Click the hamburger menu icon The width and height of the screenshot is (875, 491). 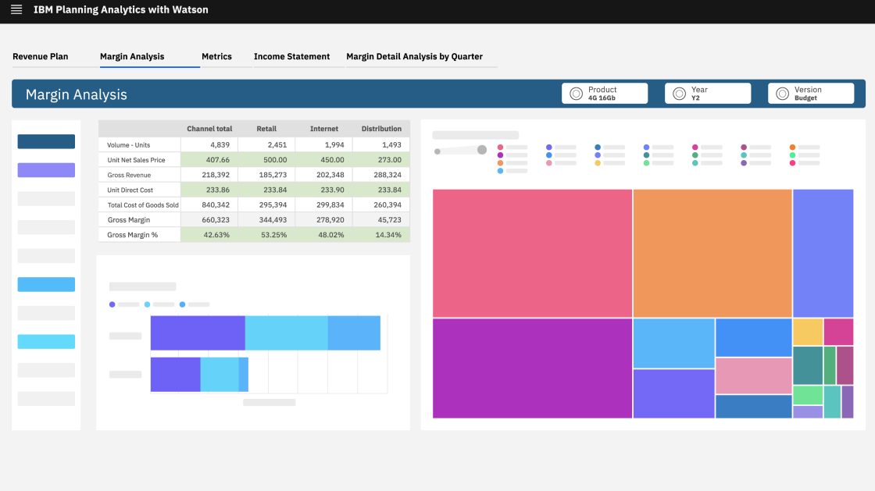tap(16, 10)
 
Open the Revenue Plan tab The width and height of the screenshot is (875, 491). tap(41, 56)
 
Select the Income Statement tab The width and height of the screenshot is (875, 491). tap(291, 56)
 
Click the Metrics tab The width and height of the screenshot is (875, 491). tap(216, 56)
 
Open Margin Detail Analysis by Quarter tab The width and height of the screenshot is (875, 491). tap(414, 56)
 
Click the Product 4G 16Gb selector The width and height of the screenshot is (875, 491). tap(605, 94)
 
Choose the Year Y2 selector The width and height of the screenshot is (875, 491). tap(708, 94)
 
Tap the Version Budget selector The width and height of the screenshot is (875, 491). tap(811, 94)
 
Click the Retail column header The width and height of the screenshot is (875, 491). tap(266, 129)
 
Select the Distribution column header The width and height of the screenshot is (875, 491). tap(381, 129)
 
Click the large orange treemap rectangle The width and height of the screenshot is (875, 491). tap(712, 253)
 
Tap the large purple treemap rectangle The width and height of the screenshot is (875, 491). tap(532, 368)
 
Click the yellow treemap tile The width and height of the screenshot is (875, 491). tap(807, 332)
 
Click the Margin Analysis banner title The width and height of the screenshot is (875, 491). tap(77, 94)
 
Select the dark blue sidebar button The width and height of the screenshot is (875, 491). tap(46, 141)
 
